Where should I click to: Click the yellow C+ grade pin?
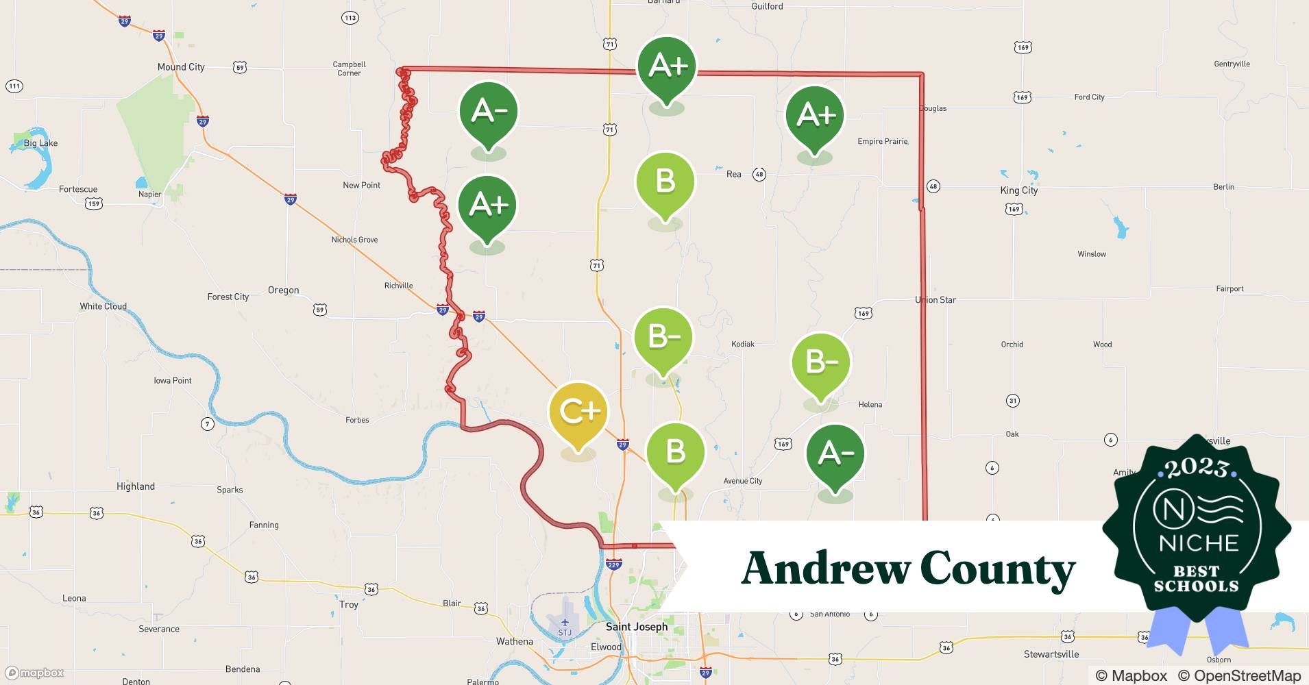pos(578,412)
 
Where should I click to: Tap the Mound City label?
pos(181,66)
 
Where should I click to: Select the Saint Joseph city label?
pos(636,626)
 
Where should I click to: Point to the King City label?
pos(1018,190)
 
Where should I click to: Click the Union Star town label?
pos(935,299)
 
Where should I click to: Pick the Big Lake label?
pos(40,143)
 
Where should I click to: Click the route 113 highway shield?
pos(350,17)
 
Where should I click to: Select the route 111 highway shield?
pos(14,86)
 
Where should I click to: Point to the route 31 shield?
pos(1013,400)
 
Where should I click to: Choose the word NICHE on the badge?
pos(1199,543)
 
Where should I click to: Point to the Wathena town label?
pos(514,641)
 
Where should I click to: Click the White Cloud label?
pos(103,306)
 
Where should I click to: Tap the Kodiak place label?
pos(743,344)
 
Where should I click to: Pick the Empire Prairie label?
pos(882,141)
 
